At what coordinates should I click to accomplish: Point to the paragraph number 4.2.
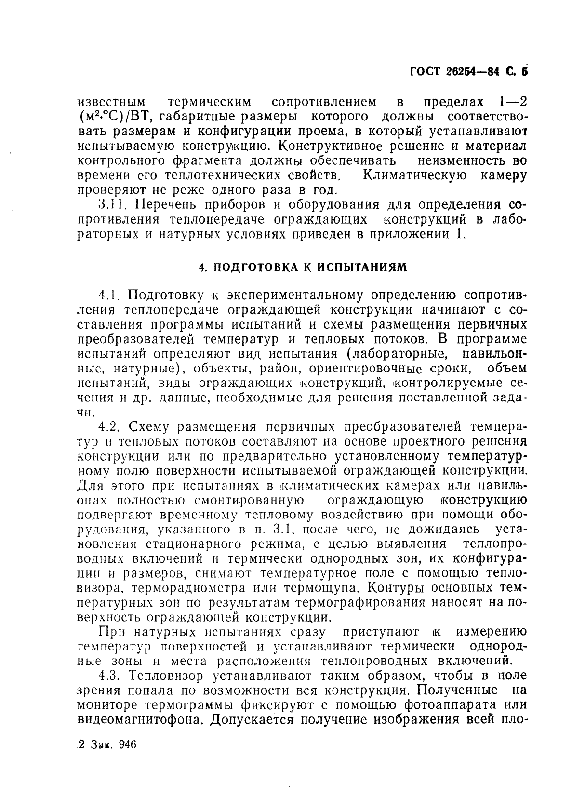[108, 427]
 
